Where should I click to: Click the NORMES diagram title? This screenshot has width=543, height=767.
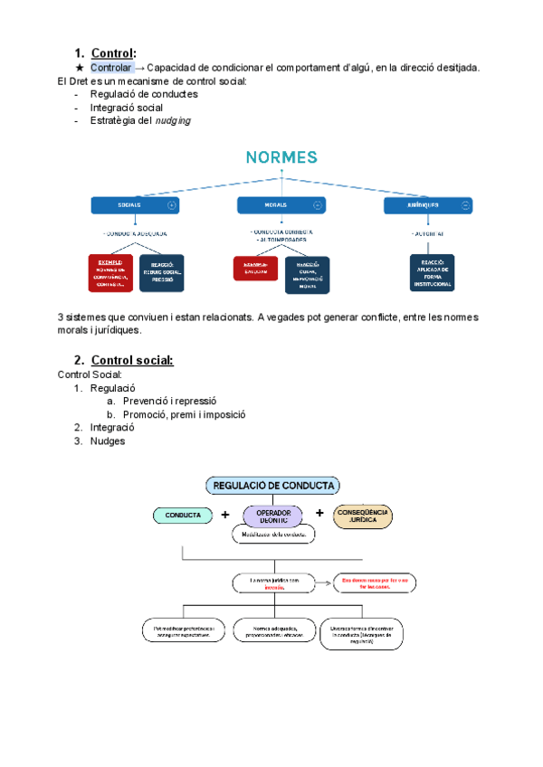point(281,157)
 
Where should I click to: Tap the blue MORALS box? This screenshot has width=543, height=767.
point(281,205)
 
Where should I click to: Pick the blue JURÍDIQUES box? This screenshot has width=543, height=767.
point(427,205)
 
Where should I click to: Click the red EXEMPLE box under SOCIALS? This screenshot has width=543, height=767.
point(110,272)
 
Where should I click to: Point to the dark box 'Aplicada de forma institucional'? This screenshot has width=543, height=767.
point(431,272)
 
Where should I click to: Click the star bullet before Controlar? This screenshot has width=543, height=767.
point(80,68)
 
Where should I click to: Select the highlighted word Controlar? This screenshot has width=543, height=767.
point(111,68)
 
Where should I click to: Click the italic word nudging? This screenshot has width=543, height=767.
point(172,120)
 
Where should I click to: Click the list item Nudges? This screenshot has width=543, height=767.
point(107,441)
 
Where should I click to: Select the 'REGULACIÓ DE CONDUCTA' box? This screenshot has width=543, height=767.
point(272,486)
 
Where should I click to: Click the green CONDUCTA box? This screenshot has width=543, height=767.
point(183,515)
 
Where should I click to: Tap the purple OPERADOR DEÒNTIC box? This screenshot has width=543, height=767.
point(273,515)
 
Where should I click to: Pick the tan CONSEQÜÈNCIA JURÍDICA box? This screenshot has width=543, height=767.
point(362,515)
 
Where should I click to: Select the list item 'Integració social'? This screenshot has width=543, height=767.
point(127,107)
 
